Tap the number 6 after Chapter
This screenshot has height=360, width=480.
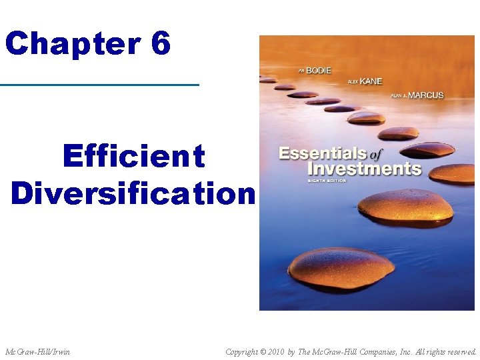coord(161,43)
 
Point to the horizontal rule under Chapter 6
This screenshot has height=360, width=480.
coord(100,85)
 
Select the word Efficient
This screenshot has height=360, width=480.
coord(133,157)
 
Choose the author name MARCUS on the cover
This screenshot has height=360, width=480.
coord(425,95)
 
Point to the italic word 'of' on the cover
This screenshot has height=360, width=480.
coord(375,155)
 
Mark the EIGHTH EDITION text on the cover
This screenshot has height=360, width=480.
coord(329,181)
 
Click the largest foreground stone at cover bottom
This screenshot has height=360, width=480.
coord(341,266)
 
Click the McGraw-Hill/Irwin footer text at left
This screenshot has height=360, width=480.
coord(37,351)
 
